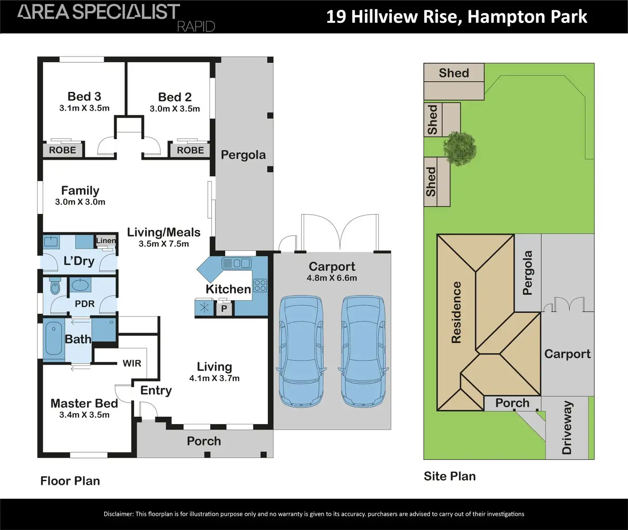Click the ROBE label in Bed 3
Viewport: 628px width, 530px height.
62,150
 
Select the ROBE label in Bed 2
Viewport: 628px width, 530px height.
190,150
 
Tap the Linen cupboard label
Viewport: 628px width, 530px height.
106,241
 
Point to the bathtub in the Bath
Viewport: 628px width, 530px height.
54,339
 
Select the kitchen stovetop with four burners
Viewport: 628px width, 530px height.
260,285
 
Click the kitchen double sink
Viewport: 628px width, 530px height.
237,264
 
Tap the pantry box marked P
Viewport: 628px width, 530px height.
224,308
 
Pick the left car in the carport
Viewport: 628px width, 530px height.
300,351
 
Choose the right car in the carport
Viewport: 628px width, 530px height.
363,351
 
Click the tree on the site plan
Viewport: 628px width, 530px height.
460,147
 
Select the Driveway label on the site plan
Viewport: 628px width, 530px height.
567,428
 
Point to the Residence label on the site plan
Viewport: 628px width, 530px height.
456,312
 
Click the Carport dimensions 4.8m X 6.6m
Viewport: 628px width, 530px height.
332,278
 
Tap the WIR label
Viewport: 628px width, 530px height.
132,363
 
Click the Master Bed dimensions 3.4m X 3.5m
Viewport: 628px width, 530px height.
84,415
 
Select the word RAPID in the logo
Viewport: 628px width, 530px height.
196,26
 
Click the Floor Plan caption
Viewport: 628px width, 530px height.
70,481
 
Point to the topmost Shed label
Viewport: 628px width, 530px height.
454,73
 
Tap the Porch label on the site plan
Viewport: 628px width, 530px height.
512,403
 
